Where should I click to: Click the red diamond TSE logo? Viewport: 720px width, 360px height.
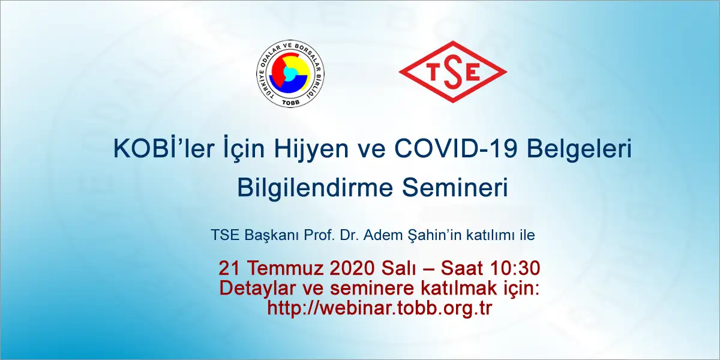point(453,72)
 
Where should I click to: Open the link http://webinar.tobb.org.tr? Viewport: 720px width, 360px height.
point(380,308)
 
